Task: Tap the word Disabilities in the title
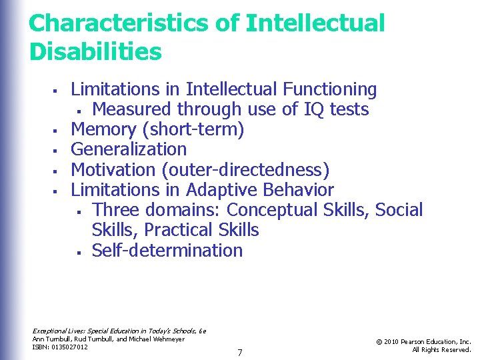95,51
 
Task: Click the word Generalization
129,149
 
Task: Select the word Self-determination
167,250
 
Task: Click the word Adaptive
227,189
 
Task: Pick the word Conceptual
272,209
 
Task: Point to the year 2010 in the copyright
393,342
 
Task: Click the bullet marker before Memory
59,130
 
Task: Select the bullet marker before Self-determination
79,251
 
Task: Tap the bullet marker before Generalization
59,150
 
